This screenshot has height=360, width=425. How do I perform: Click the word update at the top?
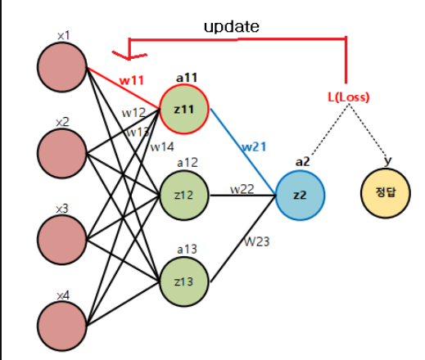pyautogui.click(x=232, y=27)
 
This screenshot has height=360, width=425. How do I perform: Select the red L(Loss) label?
pyautogui.click(x=348, y=97)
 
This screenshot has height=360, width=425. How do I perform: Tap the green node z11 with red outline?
pyautogui.click(x=184, y=109)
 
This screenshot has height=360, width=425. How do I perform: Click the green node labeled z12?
pyautogui.click(x=184, y=196)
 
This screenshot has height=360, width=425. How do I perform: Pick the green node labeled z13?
pyautogui.click(x=184, y=281)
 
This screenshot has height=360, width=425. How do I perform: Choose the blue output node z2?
pyautogui.click(x=300, y=196)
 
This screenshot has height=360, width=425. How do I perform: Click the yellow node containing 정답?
pyautogui.click(x=386, y=193)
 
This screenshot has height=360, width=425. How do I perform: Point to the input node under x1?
pyautogui.click(x=62, y=67)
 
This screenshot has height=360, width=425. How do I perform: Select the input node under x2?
pyautogui.click(x=62, y=154)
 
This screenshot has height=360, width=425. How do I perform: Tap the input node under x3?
pyautogui.click(x=62, y=240)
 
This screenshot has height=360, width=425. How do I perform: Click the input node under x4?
pyautogui.click(x=62, y=326)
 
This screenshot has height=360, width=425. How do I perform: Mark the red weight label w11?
pyautogui.click(x=132, y=80)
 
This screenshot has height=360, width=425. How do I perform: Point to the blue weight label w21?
pyautogui.click(x=254, y=147)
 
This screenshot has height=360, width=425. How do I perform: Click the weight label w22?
pyautogui.click(x=242, y=189)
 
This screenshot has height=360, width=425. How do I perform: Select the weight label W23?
pyautogui.click(x=257, y=241)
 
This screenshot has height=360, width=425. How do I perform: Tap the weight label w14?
pyautogui.click(x=162, y=147)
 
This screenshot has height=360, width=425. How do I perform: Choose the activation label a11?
pyautogui.click(x=187, y=78)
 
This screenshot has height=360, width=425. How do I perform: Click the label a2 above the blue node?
pyautogui.click(x=303, y=162)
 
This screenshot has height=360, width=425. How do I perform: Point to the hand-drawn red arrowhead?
pyautogui.click(x=129, y=55)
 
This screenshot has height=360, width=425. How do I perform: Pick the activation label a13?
pyautogui.click(x=187, y=250)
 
